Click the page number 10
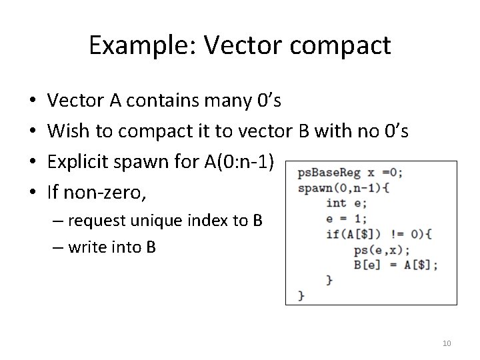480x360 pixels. [447, 343]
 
